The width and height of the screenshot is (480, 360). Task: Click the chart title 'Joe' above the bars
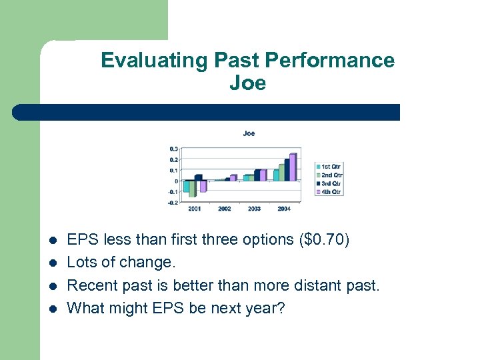[x=248, y=133]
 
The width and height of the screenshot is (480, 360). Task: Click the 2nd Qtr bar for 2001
[x=192, y=189]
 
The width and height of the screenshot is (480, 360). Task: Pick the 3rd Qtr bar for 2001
[x=198, y=178]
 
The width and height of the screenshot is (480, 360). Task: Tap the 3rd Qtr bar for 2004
[x=287, y=170]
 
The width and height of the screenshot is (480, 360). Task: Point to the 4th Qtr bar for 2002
[x=233, y=178]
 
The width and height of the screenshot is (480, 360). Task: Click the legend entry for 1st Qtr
[x=329, y=166]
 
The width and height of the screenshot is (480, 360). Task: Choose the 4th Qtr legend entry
[x=329, y=192]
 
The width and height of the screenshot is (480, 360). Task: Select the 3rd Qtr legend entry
[x=329, y=183]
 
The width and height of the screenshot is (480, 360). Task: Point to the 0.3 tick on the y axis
[x=173, y=149]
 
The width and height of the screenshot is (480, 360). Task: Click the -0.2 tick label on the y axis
[x=172, y=202]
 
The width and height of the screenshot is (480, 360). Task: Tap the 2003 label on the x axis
[x=254, y=209]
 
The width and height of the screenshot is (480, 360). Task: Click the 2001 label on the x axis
[x=194, y=209]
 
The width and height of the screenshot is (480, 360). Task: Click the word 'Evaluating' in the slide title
[x=155, y=61]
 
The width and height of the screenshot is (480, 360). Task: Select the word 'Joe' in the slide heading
[x=247, y=83]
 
